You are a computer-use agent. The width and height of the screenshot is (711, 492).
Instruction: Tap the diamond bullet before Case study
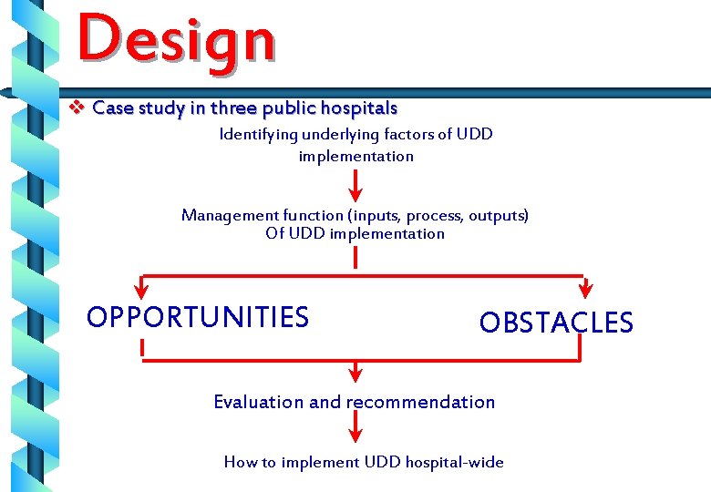77,108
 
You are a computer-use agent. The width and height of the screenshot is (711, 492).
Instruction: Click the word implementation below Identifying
355,156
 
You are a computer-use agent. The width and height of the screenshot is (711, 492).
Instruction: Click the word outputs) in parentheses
498,216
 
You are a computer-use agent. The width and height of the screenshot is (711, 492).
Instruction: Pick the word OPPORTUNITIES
197,317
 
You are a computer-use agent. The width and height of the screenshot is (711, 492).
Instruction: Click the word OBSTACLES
555,323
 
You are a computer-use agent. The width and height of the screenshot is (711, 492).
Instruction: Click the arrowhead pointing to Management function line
355,195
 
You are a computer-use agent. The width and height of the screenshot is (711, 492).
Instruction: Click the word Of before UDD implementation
274,234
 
